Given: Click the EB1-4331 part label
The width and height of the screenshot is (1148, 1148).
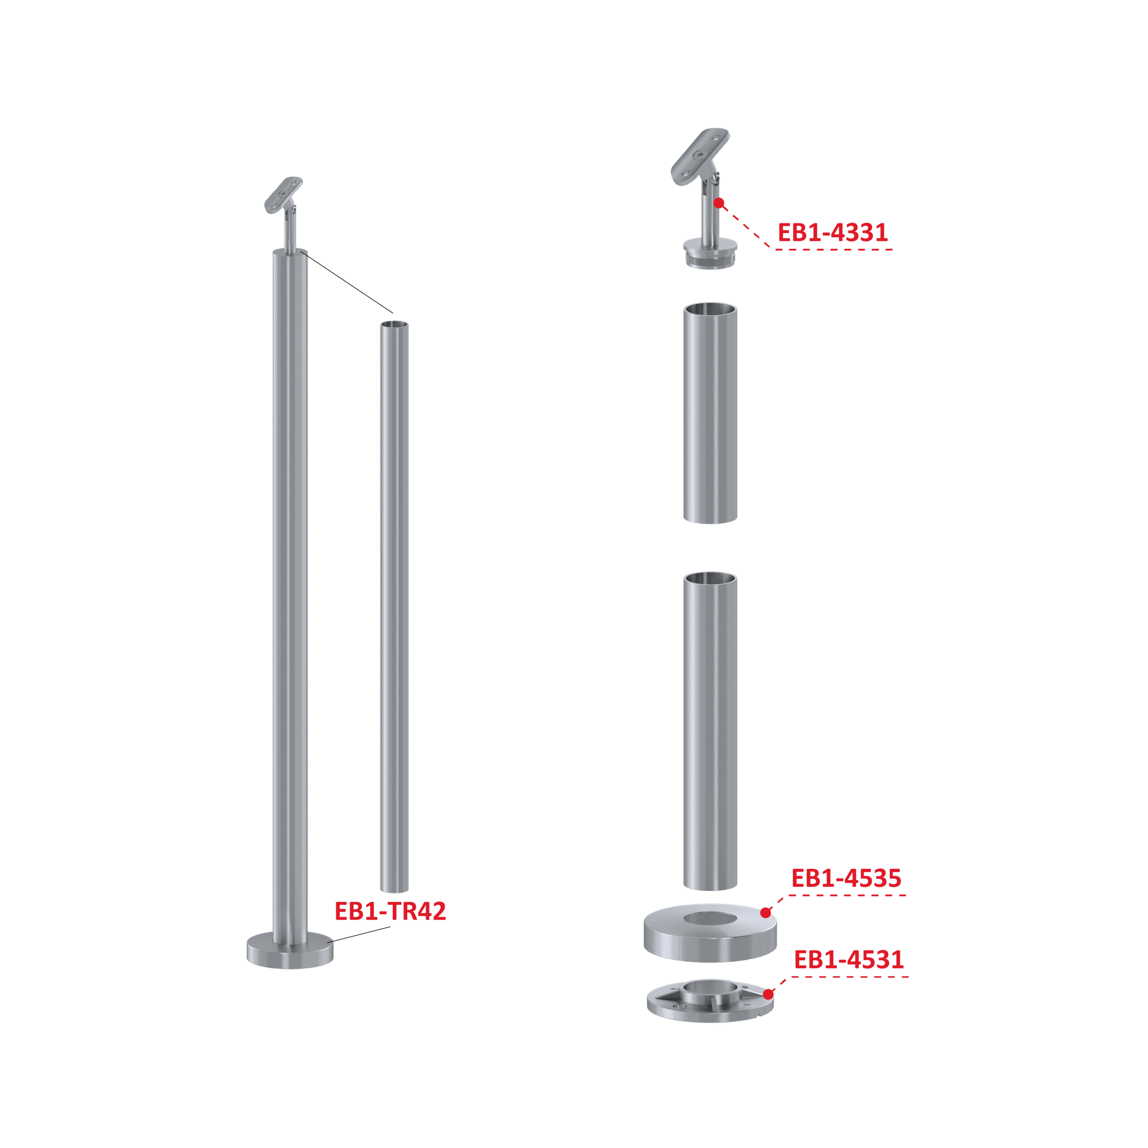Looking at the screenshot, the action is [832, 232].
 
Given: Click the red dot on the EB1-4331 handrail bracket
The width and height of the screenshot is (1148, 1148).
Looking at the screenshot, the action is [719, 203].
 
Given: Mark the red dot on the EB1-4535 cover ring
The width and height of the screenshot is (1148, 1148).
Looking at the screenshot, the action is [765, 913].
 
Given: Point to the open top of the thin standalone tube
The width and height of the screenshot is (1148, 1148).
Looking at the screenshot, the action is [395, 324].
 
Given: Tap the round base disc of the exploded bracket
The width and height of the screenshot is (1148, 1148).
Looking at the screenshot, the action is [710, 252].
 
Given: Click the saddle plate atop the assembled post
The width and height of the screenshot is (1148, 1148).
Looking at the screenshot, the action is [283, 194].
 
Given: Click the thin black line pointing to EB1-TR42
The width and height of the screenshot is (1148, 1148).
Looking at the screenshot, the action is [358, 934].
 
